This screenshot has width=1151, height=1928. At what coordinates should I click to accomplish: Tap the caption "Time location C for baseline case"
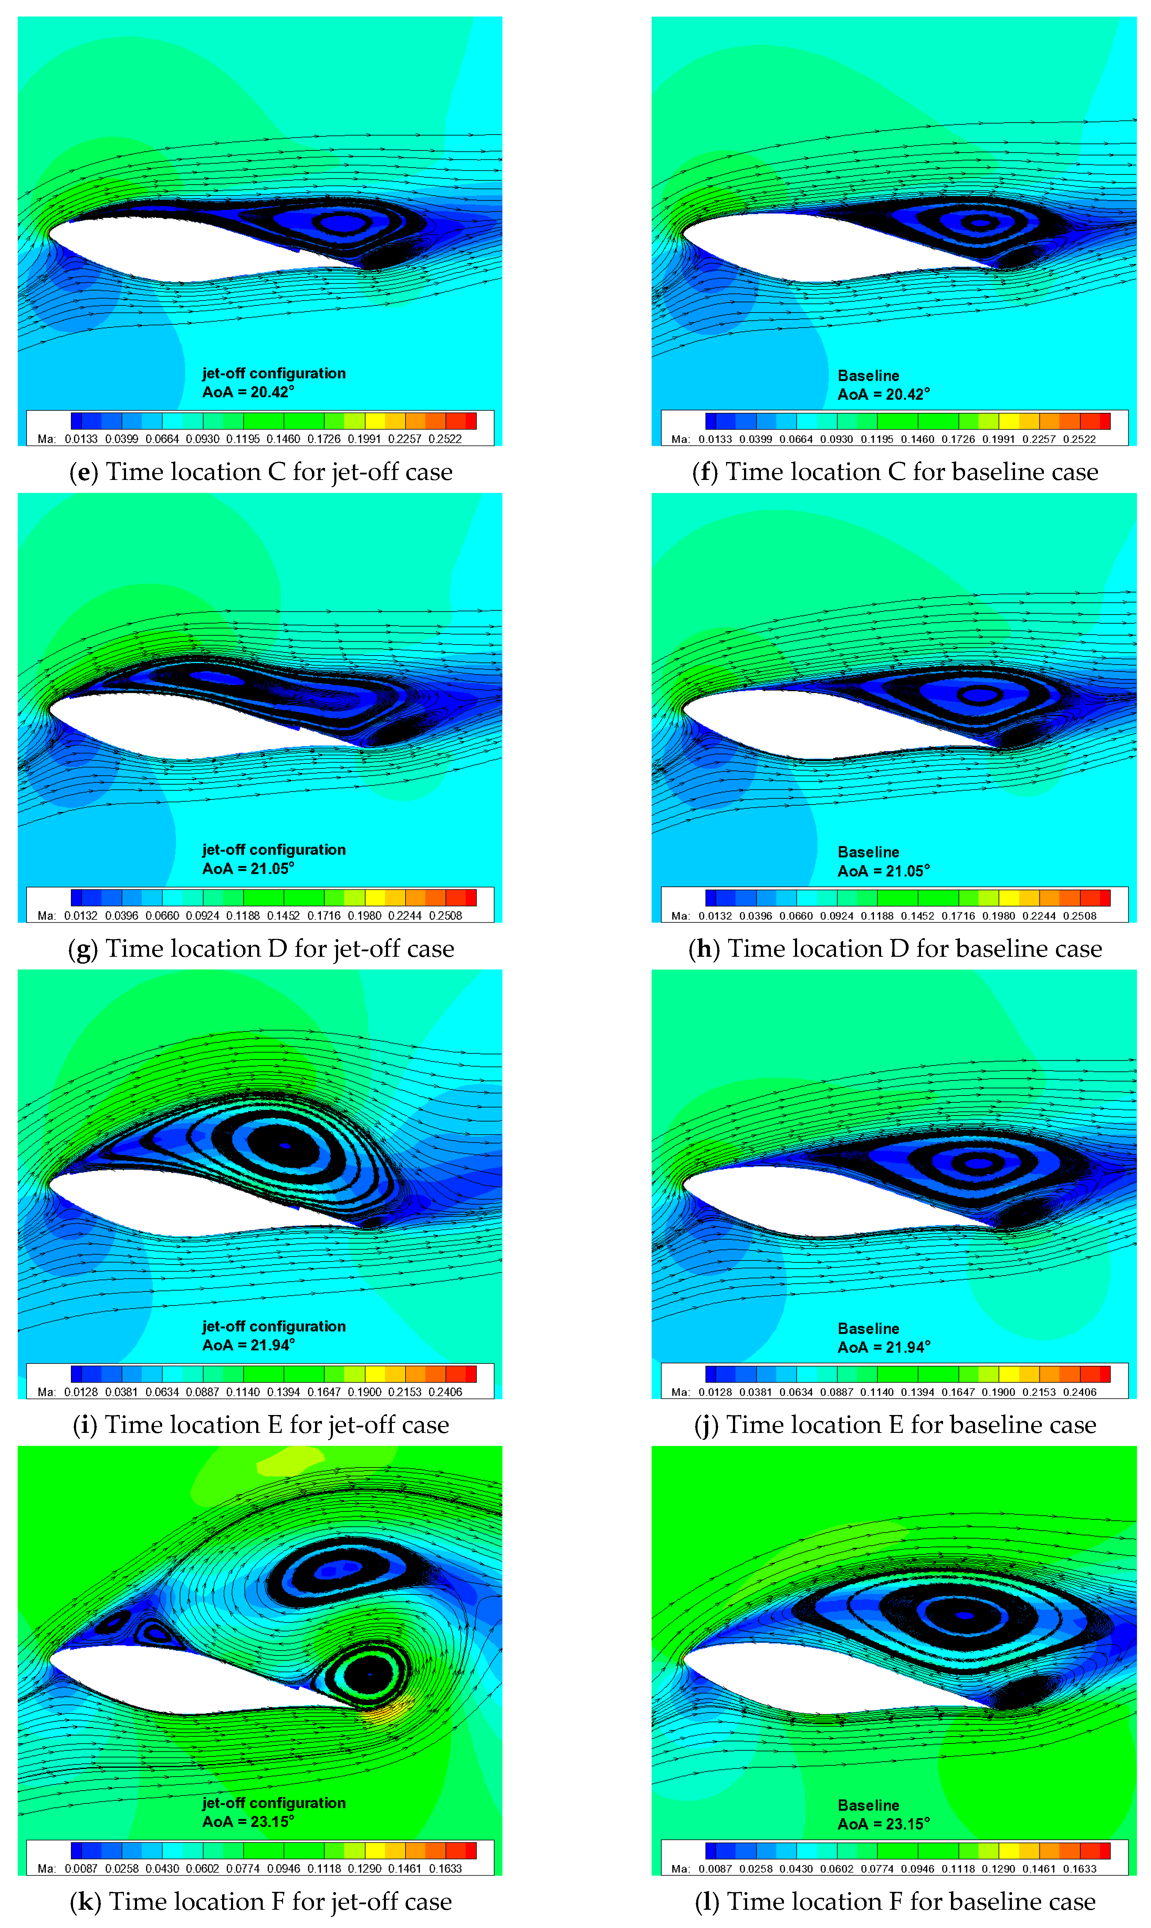(x=911, y=472)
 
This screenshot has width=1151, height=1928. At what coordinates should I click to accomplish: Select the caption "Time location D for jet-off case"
(x=279, y=949)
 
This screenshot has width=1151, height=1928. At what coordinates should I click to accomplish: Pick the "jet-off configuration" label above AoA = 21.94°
(x=274, y=1326)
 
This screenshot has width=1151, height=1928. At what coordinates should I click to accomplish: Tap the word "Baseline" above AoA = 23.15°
(x=868, y=1805)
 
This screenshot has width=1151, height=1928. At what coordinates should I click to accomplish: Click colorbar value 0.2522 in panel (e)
(x=445, y=439)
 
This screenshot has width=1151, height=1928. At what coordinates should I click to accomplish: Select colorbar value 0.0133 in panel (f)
(x=715, y=439)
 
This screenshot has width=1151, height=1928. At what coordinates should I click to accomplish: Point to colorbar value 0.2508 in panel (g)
(x=445, y=916)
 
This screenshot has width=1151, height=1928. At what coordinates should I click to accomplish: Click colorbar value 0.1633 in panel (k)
(x=445, y=1869)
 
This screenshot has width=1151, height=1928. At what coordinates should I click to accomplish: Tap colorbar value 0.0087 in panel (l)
(x=715, y=1869)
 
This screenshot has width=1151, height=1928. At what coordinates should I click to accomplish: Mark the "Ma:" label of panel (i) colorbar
(x=46, y=1392)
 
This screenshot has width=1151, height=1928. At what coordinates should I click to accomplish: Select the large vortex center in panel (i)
(x=285, y=1145)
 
